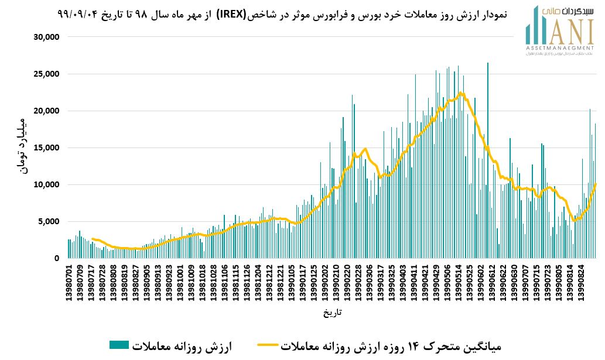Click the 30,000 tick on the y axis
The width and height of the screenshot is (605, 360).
coord(47,37)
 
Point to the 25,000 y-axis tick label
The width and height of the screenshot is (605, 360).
coord(47,74)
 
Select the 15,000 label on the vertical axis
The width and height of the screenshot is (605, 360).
coord(47,148)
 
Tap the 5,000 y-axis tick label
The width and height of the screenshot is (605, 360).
coord(50,221)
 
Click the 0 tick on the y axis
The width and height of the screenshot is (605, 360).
coord(57,258)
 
